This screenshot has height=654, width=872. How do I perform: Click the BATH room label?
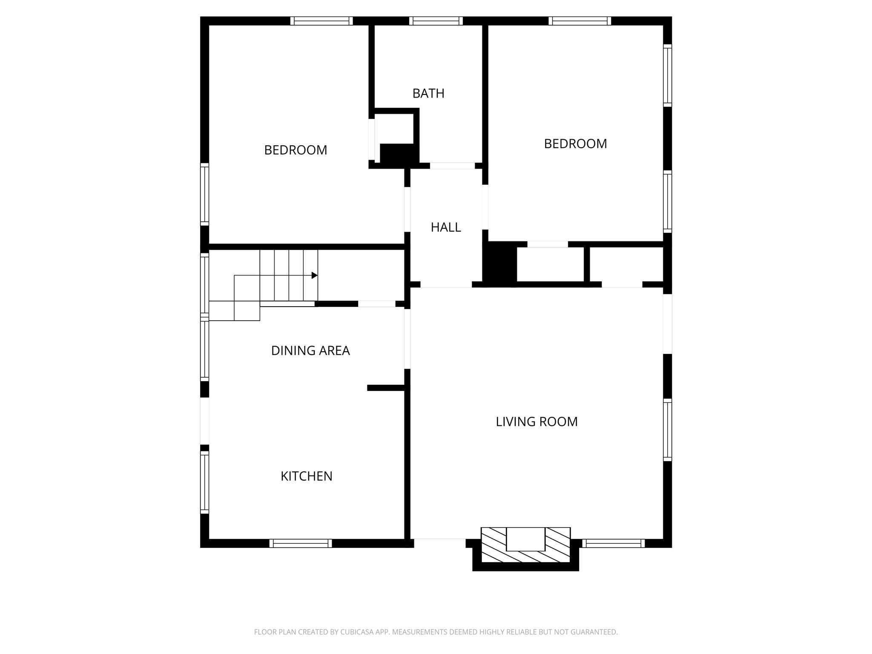tap(428, 93)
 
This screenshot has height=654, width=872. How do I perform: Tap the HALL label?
tap(446, 227)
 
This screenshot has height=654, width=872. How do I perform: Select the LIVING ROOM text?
tap(536, 422)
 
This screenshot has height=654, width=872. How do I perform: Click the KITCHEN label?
tap(306, 476)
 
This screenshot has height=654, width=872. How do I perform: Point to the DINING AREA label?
tap(310, 350)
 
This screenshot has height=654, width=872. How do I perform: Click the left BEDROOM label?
tap(295, 150)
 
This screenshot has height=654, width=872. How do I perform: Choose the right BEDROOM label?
tap(575, 144)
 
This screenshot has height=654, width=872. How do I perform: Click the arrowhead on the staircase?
tap(314, 275)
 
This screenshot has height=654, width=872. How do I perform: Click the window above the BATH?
tap(436, 21)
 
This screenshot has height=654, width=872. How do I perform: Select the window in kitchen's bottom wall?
tap(300, 543)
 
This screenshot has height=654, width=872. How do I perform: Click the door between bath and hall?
tap(452, 166)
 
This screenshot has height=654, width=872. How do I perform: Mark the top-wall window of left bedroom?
tap(321, 21)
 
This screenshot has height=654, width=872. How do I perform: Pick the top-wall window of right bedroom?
tap(579, 21)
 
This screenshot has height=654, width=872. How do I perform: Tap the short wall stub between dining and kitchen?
tap(385, 388)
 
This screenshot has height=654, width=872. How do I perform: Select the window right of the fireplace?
tap(613, 543)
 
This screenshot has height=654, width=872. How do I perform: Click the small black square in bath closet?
tap(396, 154)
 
